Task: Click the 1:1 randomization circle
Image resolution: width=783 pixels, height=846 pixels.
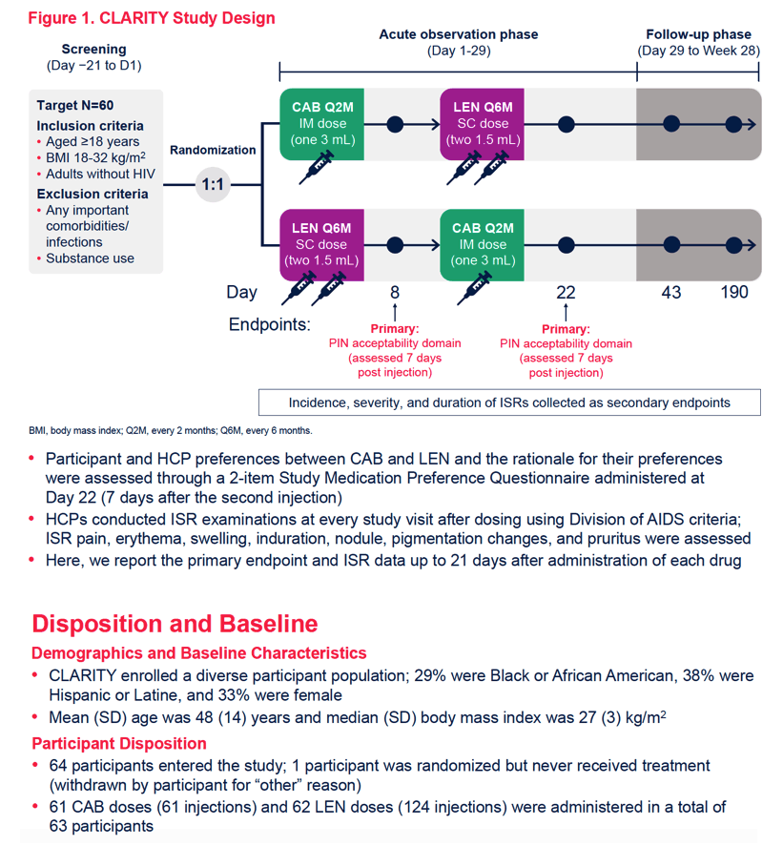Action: tap(213, 184)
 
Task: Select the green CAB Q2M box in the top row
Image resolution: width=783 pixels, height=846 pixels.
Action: tap(321, 124)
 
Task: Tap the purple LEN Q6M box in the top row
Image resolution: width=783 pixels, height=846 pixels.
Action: tap(482, 124)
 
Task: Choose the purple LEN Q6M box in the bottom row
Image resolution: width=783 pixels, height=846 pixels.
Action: tap(321, 245)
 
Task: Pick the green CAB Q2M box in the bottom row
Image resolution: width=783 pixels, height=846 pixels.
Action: tap(482, 245)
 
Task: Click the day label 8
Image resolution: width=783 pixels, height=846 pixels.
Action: tap(395, 293)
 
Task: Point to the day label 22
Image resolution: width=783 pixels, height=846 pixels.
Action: tap(566, 293)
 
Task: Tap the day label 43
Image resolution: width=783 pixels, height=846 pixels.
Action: tap(671, 293)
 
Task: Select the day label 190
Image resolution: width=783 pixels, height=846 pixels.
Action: tap(734, 293)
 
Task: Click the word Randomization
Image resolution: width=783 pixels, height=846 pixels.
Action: tap(213, 150)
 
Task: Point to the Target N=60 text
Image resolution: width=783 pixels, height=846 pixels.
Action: tap(75, 105)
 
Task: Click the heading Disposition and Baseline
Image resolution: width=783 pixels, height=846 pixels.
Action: tap(175, 624)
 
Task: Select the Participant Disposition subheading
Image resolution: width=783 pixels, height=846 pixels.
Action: tap(119, 744)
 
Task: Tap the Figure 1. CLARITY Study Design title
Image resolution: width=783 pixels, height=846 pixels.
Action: tap(152, 18)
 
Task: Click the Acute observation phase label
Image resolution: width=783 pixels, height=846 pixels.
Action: tap(459, 34)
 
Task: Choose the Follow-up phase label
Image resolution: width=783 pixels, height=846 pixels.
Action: tap(699, 34)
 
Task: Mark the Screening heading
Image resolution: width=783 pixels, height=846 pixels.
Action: tap(93, 49)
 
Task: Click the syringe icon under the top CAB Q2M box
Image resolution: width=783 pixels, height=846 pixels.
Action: tap(317, 167)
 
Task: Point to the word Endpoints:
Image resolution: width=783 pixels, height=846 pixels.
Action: tap(270, 324)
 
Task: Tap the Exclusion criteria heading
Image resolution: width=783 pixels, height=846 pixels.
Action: tap(93, 194)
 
